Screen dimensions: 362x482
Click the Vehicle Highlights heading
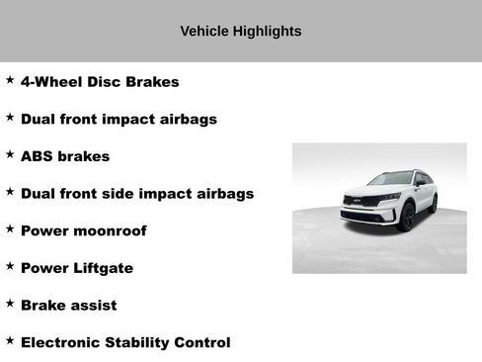(240, 31)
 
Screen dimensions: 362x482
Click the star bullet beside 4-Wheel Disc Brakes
(10, 79)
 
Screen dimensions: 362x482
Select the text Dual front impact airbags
(119, 119)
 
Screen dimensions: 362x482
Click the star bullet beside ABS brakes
(10, 154)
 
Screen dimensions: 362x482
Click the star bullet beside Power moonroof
(10, 228)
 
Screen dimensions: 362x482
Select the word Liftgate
(103, 268)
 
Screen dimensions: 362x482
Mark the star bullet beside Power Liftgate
(10, 266)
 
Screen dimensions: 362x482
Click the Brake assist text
(68, 305)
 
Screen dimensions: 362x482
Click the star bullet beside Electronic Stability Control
(10, 340)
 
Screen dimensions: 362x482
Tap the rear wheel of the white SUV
(433, 203)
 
